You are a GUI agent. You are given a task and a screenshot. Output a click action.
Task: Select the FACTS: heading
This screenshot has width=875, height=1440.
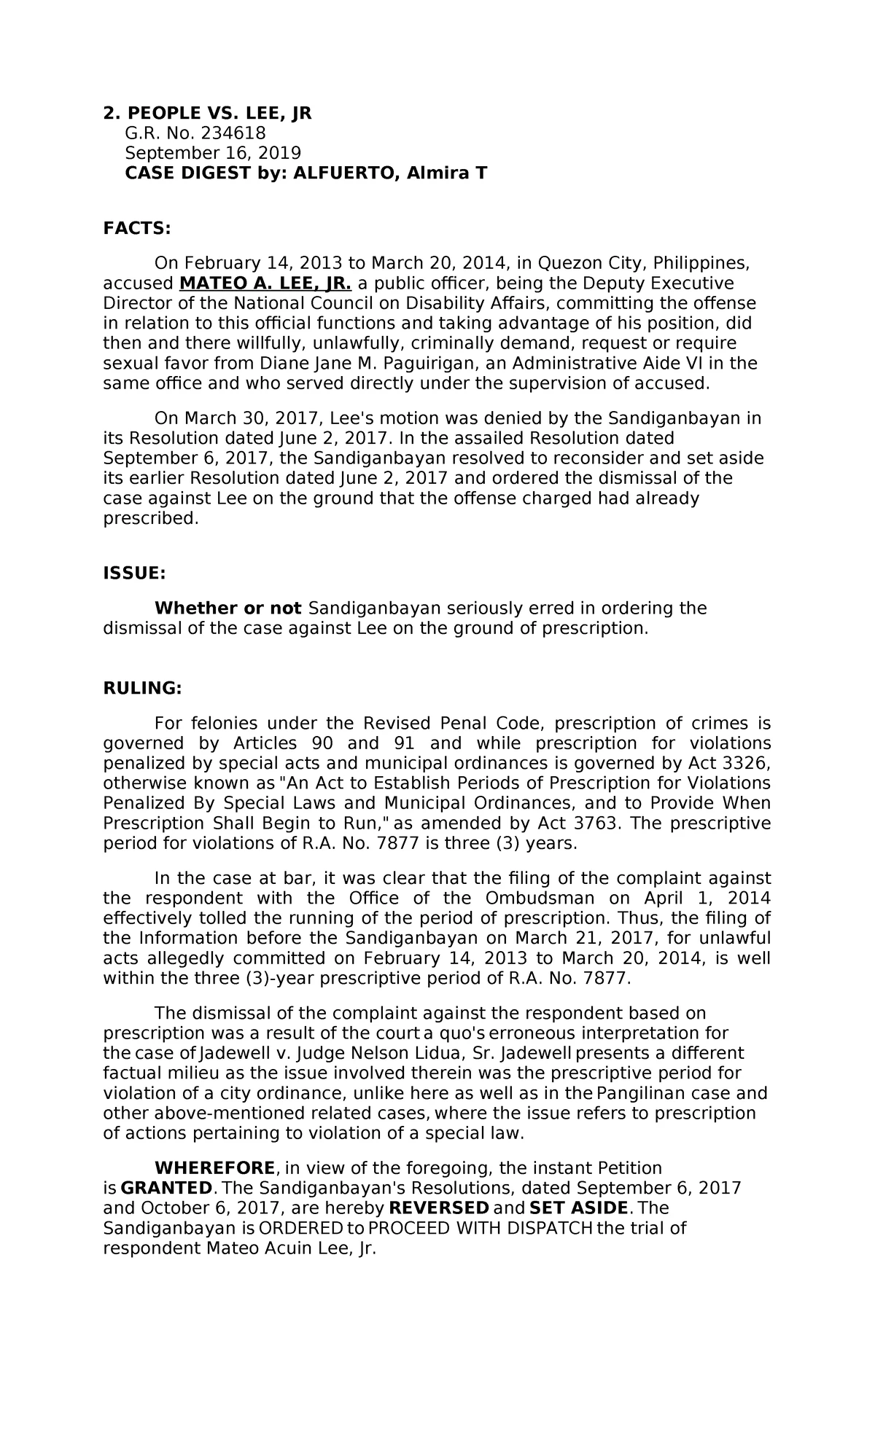[136, 229]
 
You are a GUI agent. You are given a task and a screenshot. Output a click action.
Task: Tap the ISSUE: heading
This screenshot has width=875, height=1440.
[134, 574]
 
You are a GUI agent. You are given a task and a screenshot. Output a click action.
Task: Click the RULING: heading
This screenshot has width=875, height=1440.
[142, 689]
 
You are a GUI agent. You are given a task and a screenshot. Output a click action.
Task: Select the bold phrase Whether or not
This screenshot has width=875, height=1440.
[227, 609]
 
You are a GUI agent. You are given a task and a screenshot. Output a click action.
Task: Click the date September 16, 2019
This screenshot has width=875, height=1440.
[213, 153]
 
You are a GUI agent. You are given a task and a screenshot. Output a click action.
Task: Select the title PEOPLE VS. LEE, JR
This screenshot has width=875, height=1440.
[219, 114]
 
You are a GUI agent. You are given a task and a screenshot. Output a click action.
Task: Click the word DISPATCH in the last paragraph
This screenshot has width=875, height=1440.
[550, 1229]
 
